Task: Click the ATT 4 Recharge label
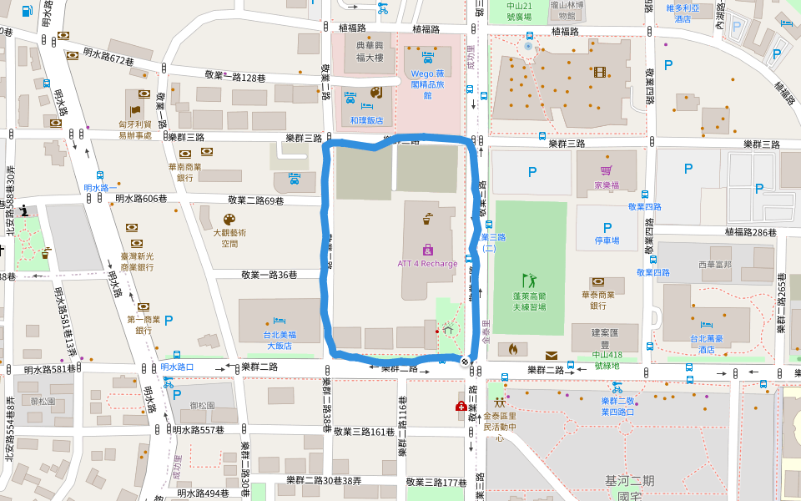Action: (x=427, y=264)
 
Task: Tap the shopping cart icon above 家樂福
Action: (x=607, y=171)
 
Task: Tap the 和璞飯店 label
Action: (x=366, y=120)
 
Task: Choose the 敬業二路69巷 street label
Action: (x=256, y=200)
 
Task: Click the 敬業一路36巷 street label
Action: (x=270, y=275)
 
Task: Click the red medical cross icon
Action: (x=461, y=406)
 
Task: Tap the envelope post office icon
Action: (x=552, y=356)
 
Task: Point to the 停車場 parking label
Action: (x=607, y=240)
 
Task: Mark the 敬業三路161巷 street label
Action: (x=365, y=432)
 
